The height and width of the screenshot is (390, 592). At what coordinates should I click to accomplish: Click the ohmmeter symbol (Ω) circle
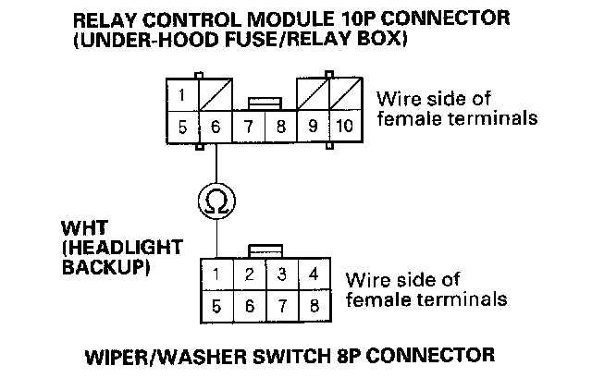pos(216,201)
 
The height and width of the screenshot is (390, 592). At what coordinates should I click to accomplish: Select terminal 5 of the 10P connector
pos(184,128)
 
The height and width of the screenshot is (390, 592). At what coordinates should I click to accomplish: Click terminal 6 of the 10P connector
pos(216,128)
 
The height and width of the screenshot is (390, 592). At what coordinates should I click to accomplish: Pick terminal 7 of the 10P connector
pos(249,128)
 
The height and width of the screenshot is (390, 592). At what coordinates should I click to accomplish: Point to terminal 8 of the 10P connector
pos(280,128)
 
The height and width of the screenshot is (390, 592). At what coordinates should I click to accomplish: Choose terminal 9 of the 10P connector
pos(313,128)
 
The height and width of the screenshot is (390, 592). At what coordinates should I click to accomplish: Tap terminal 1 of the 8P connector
pos(216,274)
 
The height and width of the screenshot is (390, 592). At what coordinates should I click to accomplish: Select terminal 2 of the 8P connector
pos(249,274)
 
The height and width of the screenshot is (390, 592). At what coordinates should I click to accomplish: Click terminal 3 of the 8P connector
pos(281,274)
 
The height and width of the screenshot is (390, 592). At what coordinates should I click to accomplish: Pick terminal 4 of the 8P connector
pos(314,274)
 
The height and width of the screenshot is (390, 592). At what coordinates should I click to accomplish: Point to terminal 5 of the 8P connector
pos(216,305)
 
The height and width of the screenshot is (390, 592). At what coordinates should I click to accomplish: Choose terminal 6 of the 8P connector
pos(249,305)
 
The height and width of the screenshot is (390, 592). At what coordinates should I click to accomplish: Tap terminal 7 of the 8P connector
pos(281,305)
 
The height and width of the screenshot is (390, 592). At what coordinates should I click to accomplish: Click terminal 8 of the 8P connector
pos(314,305)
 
